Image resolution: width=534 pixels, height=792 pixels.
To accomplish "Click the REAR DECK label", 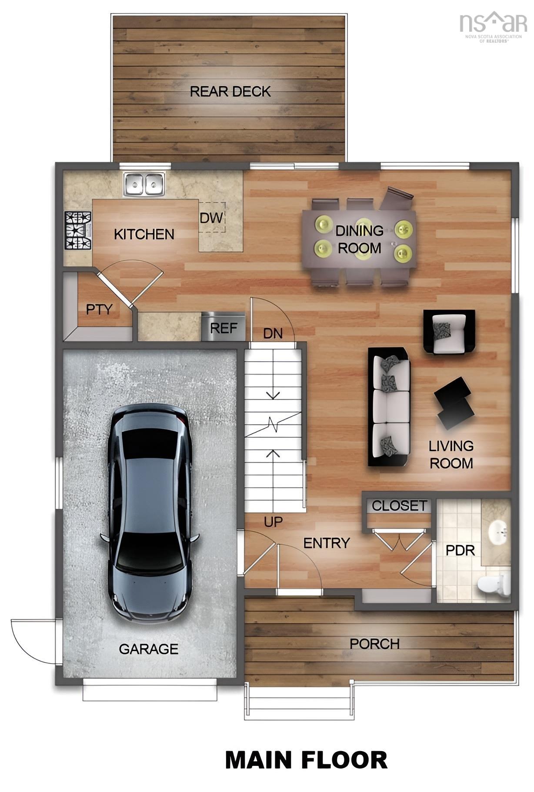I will click(230, 91).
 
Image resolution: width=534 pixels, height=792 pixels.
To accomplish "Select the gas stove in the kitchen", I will click(78, 230).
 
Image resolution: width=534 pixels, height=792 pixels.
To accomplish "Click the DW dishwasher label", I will click(211, 218).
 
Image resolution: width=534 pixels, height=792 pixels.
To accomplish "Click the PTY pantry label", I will click(99, 309).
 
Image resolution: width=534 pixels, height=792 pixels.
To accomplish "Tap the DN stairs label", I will click(273, 334).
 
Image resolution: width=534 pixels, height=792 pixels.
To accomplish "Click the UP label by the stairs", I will click(273, 521).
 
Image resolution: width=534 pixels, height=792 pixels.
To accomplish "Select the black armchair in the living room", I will click(449, 332).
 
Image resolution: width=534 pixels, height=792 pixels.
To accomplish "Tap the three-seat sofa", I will click(389, 406).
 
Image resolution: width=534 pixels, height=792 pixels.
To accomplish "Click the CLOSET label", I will click(399, 506).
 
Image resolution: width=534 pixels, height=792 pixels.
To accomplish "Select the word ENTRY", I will click(326, 543).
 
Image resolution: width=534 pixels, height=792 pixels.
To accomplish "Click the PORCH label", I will click(374, 644).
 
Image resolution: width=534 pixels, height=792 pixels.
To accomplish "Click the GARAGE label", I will click(148, 649).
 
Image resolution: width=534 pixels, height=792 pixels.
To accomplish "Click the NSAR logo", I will click(493, 25).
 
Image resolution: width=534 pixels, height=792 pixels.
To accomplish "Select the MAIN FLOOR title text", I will click(306, 760).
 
